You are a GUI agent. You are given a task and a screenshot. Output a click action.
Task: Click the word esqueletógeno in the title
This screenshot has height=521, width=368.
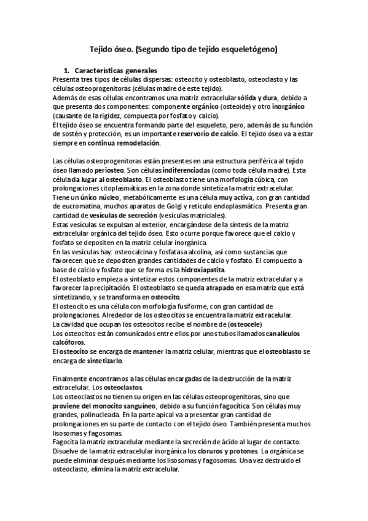[x=246, y=47]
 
